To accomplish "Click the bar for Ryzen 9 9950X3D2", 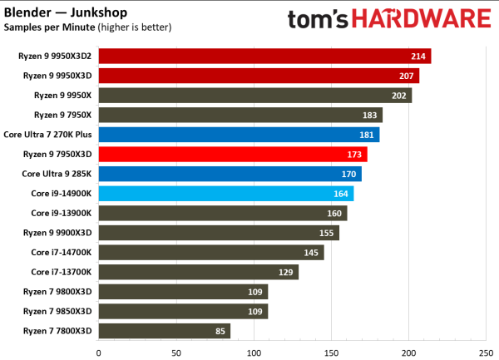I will point(264,57).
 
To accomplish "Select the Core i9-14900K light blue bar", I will point(225,194).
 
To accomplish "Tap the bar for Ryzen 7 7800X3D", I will point(164,331).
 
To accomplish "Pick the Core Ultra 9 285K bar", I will point(230,174).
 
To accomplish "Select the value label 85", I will point(220,331).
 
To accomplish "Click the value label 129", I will point(286,272).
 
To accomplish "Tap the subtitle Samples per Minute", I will point(49,27).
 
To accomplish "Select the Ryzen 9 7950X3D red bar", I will point(232,154).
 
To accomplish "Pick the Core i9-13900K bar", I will point(222,213).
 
